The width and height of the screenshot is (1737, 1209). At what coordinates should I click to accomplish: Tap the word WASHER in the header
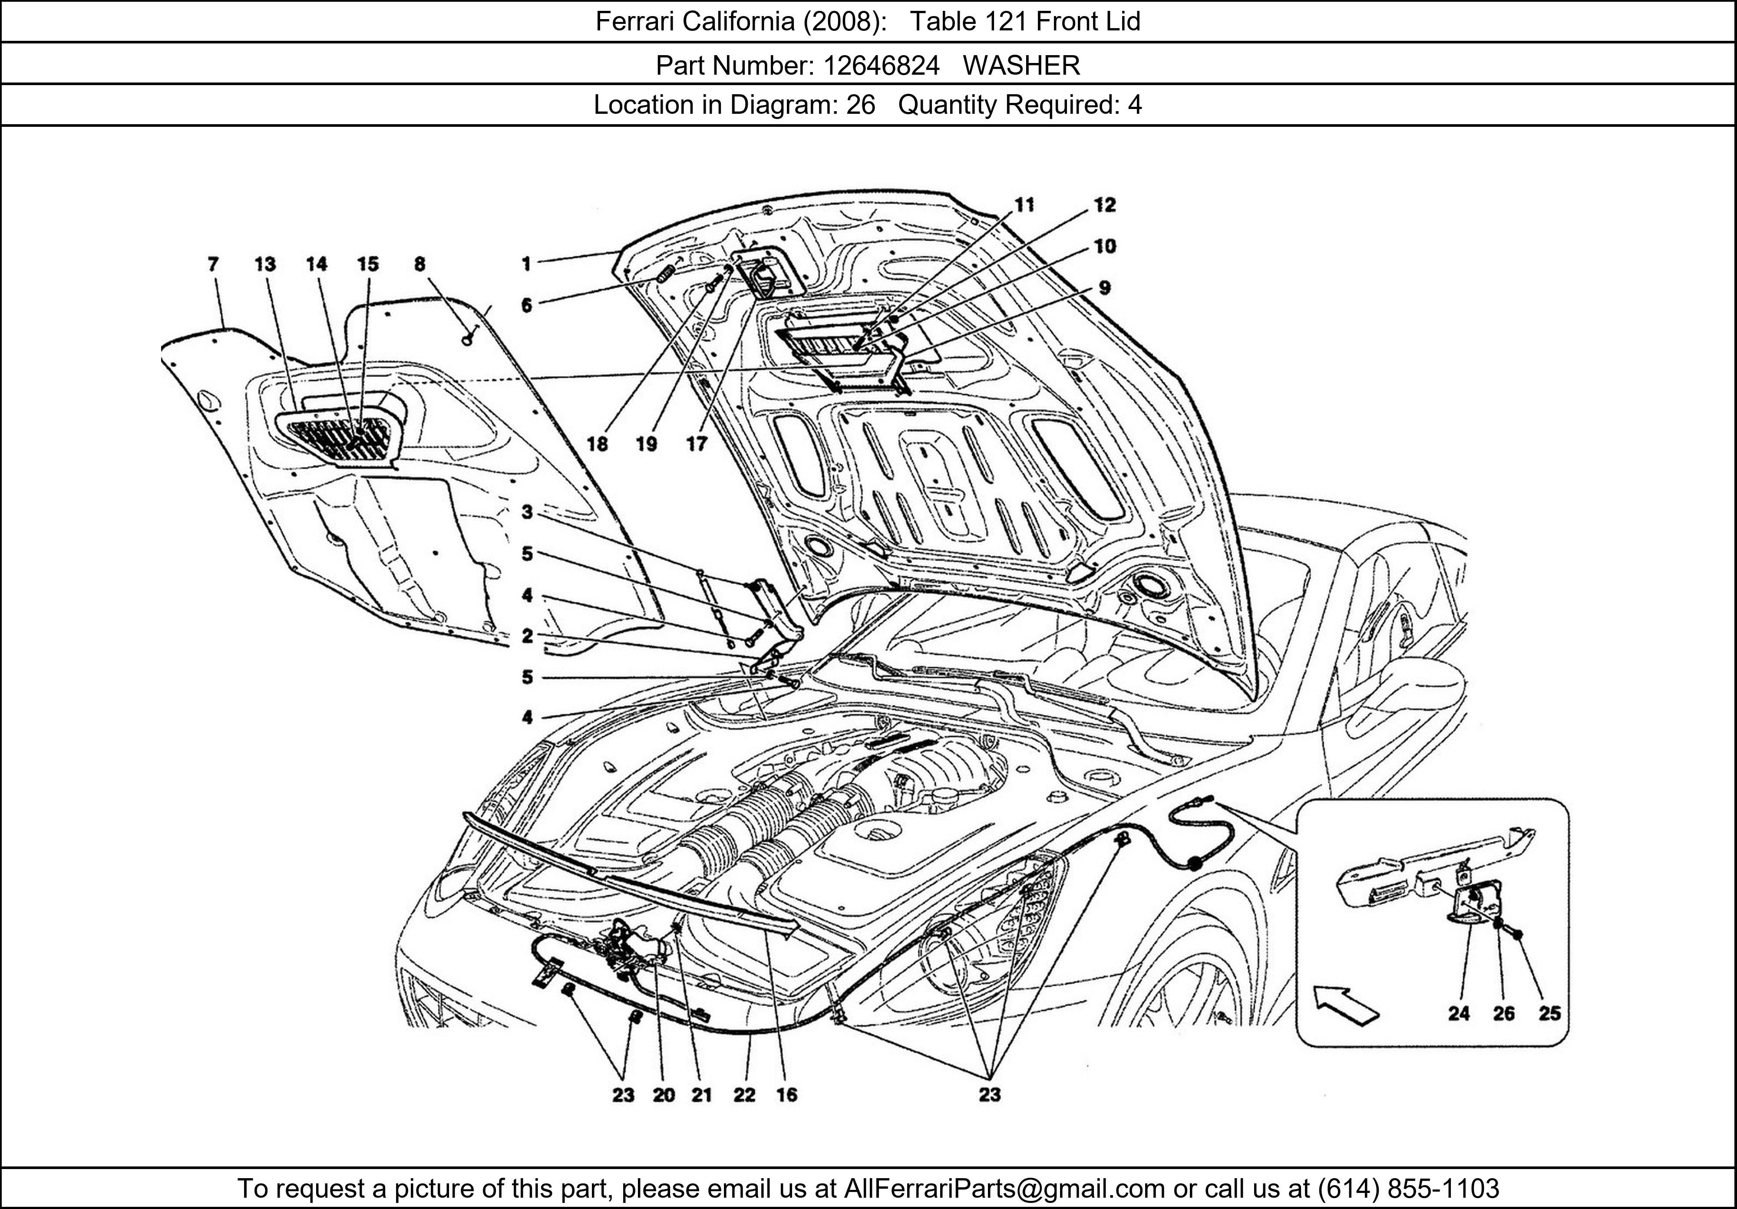(1021, 66)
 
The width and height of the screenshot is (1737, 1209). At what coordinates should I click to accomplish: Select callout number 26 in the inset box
(1503, 1013)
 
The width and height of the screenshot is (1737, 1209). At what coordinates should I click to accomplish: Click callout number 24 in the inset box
(1459, 1013)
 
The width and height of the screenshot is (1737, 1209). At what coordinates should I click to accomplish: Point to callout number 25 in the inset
(1549, 1013)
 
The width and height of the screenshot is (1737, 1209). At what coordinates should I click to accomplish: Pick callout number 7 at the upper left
(213, 264)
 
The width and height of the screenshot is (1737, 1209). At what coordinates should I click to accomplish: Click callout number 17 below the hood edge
(696, 444)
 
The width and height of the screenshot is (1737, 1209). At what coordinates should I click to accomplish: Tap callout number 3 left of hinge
(527, 512)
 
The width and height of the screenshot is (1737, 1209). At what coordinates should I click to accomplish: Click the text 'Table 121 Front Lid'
(1024, 21)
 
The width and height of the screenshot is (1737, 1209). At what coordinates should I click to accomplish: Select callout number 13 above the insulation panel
(265, 264)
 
